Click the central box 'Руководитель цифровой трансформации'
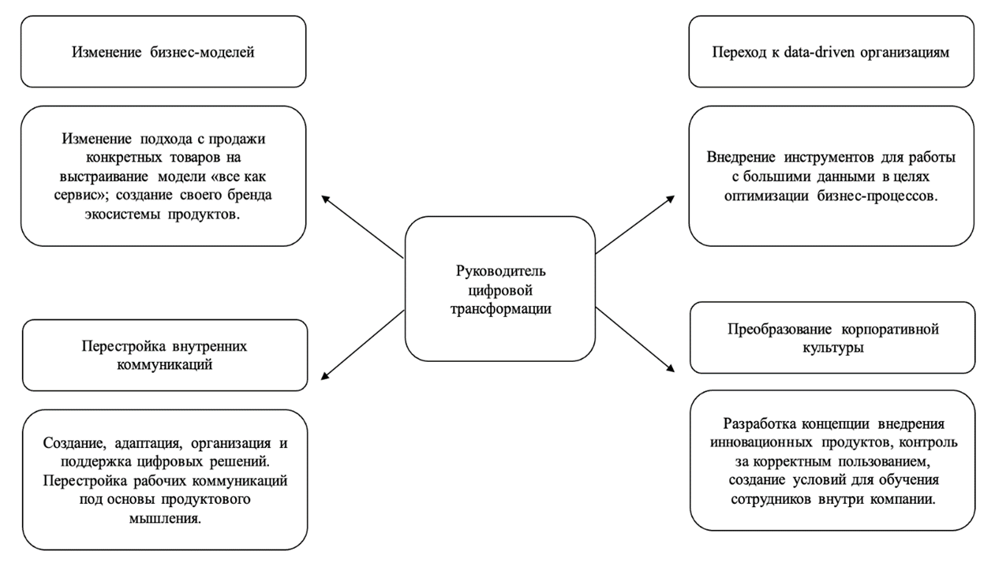point(500,289)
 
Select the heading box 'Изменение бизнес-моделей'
point(163,52)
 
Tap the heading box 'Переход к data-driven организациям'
point(831,52)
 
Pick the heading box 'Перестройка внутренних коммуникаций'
point(165,355)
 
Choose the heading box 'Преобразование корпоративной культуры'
point(832,337)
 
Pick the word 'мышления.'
point(164,518)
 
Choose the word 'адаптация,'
point(139,442)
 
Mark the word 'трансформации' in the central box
point(500,308)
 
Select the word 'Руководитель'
point(500,270)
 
